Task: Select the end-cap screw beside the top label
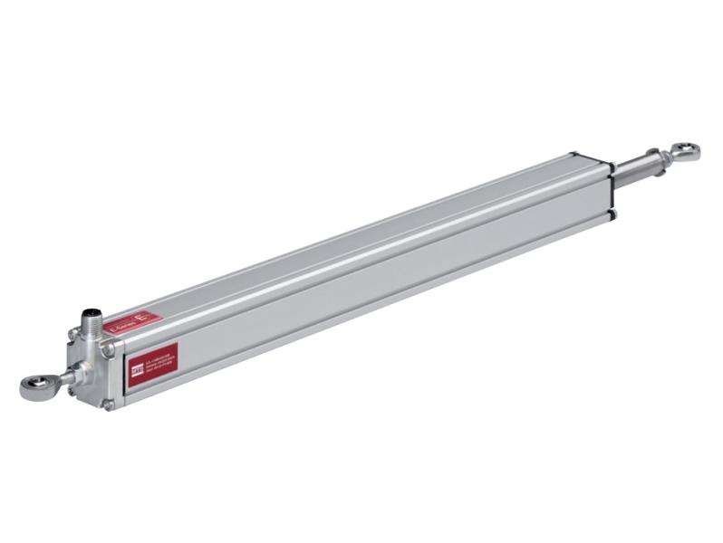[x=108, y=348]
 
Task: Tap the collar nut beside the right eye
[x=667, y=157]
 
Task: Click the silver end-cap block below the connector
[x=91, y=362]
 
